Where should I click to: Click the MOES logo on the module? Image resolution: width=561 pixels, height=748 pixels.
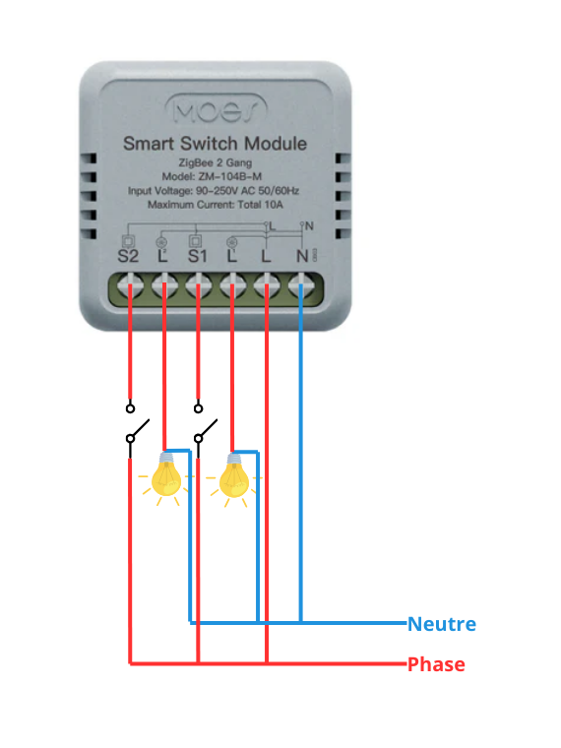click(214, 107)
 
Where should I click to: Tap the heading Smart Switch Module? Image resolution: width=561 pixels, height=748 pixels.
click(214, 144)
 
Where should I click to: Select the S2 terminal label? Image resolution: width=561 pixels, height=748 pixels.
click(129, 257)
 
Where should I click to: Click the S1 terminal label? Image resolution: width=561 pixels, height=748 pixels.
click(198, 257)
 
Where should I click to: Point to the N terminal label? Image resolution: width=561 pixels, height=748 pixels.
click(301, 257)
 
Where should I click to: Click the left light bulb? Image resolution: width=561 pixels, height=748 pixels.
click(165, 476)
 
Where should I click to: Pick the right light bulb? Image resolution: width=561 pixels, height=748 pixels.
click(233, 476)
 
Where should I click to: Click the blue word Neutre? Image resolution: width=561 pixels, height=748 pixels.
click(441, 624)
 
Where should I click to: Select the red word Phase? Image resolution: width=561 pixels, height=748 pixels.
click(436, 664)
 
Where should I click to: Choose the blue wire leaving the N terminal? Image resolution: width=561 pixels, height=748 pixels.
click(301, 443)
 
